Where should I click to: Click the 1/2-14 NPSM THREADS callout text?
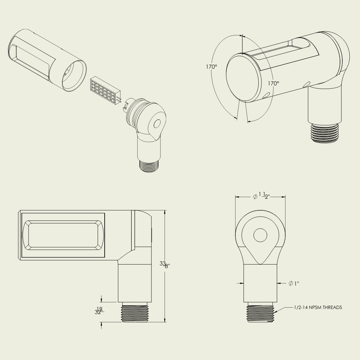tap(318, 307)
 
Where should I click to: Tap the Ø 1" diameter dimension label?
tap(294, 283)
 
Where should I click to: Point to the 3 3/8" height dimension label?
tap(165, 265)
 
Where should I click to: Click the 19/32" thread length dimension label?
tap(99, 310)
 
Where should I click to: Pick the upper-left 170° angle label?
tap(211, 67)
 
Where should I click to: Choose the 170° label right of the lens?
tap(274, 83)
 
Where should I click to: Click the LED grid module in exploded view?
tap(105, 91)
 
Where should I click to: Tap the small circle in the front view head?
tap(260, 235)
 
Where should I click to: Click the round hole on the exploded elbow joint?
tap(157, 124)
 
